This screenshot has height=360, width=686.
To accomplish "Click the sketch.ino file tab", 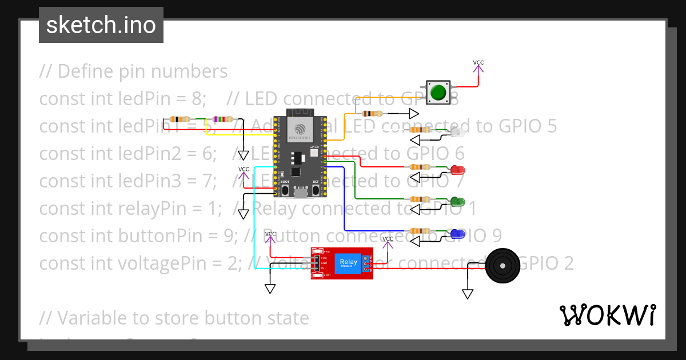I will [101, 25].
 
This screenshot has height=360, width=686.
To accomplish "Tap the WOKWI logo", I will [607, 315].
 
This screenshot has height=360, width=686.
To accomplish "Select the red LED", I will [458, 170].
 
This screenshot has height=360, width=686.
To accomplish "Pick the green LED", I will [458, 201].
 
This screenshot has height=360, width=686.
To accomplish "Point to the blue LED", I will [458, 234].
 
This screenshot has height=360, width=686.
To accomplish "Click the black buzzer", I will [504, 265].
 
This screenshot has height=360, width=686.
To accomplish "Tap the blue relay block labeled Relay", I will [348, 263].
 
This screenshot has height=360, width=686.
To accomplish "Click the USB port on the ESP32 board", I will [300, 193].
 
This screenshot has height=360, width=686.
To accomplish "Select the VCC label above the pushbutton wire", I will [478, 62].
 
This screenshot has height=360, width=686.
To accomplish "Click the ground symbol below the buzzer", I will [468, 294].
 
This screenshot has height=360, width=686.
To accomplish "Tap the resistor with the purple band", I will [222, 119].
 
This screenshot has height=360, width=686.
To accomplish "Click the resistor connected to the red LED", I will [420, 167].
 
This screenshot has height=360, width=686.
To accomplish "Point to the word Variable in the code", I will [91, 318].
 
